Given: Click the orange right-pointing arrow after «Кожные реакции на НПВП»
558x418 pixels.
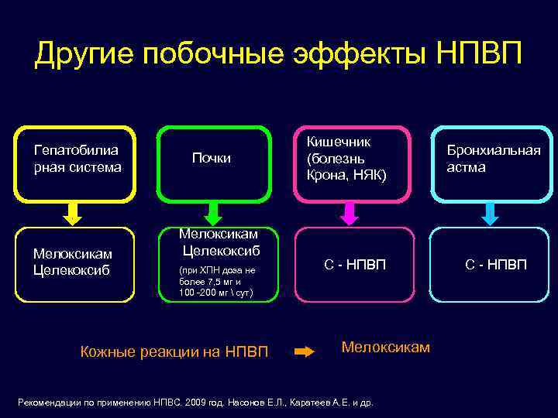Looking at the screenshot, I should [x=305, y=351].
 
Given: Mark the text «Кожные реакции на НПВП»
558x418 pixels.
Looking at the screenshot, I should [x=174, y=352].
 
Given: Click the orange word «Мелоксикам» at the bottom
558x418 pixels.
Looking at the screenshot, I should [x=385, y=347].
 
